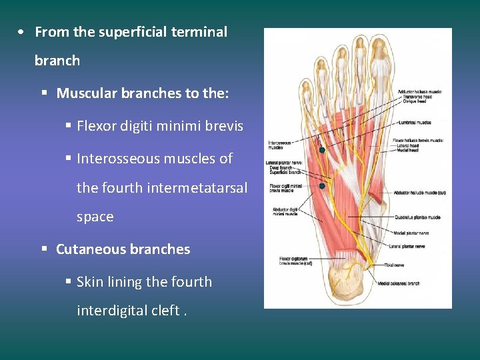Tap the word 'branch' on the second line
pyautogui.click(x=57, y=61)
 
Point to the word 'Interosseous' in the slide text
pyautogui.click(x=118, y=159)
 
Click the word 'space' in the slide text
pyautogui.click(x=95, y=217)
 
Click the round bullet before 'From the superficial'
pyautogui.click(x=23, y=32)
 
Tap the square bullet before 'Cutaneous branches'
pyautogui.click(x=44, y=249)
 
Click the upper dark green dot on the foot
pyautogui.click(x=321, y=150)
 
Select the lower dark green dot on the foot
pyautogui.click(x=322, y=186)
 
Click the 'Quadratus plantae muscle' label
pyautogui.click(x=417, y=217)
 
